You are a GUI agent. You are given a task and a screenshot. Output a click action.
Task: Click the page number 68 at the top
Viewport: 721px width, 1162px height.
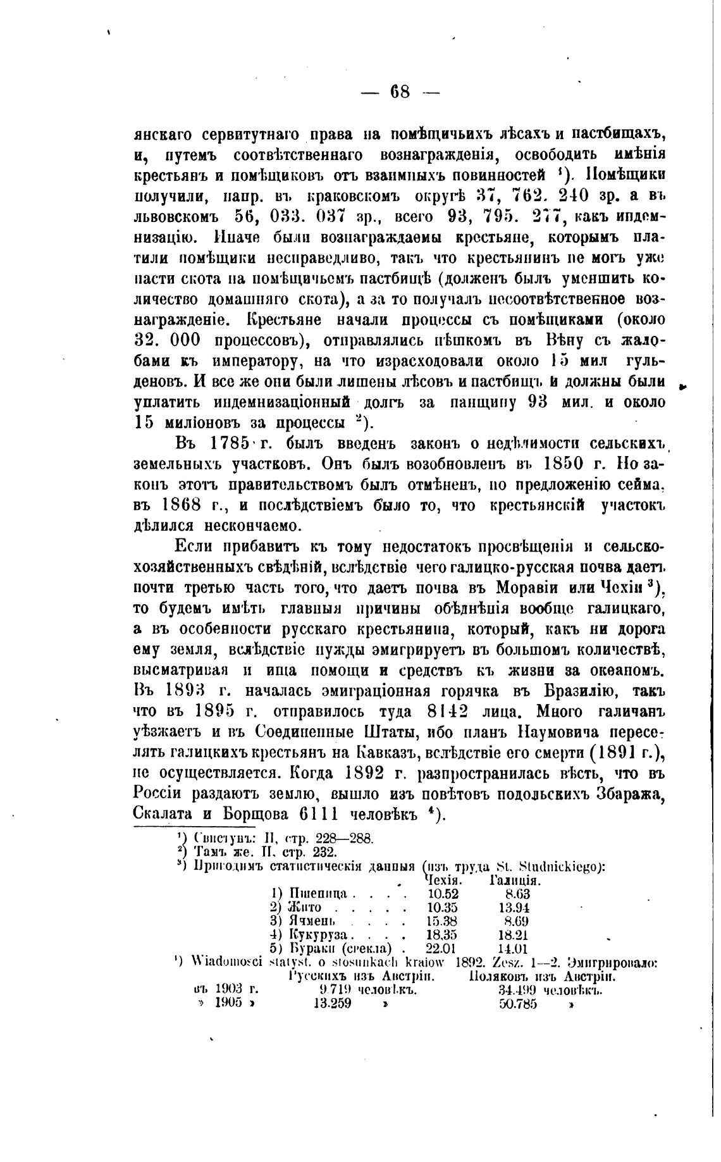point(400,92)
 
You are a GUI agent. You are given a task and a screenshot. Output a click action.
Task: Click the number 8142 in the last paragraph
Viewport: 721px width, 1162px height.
point(447,712)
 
